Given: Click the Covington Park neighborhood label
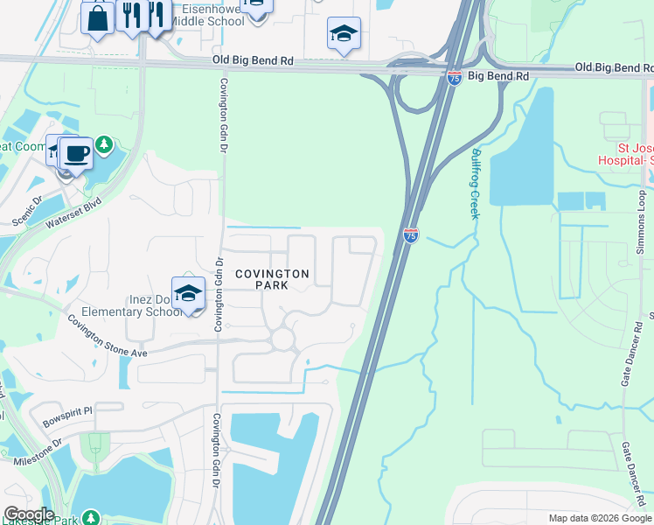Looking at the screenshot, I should click(x=273, y=280).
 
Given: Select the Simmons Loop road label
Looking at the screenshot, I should click(x=640, y=219).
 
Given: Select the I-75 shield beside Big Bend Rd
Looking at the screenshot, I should click(x=454, y=78).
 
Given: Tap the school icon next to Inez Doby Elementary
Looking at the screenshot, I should click(x=188, y=294).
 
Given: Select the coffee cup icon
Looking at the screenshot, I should click(x=76, y=153).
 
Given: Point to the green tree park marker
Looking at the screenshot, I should click(x=105, y=143).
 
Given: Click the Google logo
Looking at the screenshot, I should click(x=29, y=514).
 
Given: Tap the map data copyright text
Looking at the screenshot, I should click(x=598, y=518).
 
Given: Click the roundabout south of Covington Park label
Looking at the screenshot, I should click(x=282, y=339).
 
